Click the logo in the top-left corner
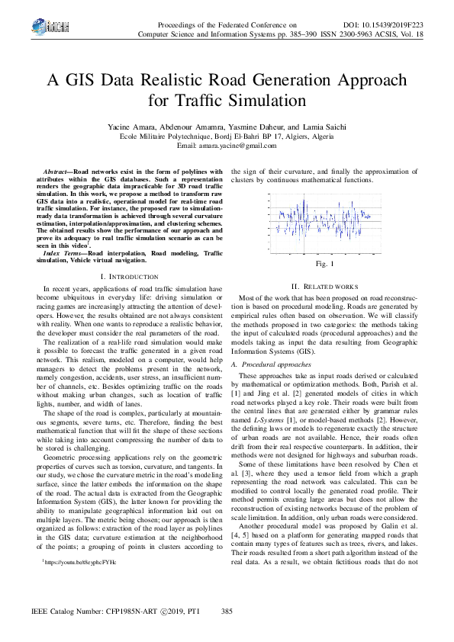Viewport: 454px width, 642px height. coord(36,28)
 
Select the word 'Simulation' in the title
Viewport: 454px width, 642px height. coord(269,101)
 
